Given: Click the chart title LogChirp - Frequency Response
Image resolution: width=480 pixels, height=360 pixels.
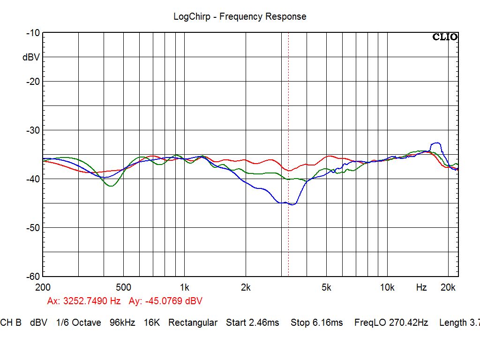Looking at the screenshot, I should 240,16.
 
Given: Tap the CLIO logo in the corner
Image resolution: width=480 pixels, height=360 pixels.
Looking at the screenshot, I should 445,37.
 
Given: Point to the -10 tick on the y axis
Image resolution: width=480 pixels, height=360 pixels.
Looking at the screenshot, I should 33,33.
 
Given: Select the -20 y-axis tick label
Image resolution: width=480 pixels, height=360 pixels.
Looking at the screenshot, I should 33,82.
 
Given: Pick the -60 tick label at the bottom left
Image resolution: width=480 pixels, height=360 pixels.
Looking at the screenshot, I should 33,277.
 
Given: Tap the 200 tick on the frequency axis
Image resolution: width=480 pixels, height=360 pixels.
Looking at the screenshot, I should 43,287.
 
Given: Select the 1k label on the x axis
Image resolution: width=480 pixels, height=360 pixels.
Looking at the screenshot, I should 185,287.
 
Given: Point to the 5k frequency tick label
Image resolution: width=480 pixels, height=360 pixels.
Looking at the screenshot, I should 327,287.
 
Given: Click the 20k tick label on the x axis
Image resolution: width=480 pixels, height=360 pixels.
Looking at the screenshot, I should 449,287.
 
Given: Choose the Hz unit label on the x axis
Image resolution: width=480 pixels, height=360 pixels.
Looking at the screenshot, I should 421,287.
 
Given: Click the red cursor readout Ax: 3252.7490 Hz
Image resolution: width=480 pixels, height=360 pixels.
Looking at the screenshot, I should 84,301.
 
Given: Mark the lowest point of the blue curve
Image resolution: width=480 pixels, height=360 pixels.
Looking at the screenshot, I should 292,204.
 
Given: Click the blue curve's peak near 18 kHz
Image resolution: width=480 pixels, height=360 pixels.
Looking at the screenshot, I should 437,142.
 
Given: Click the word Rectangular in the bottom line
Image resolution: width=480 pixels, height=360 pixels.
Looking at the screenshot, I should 193,322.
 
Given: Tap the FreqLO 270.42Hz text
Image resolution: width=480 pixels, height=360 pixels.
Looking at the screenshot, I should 391,322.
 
